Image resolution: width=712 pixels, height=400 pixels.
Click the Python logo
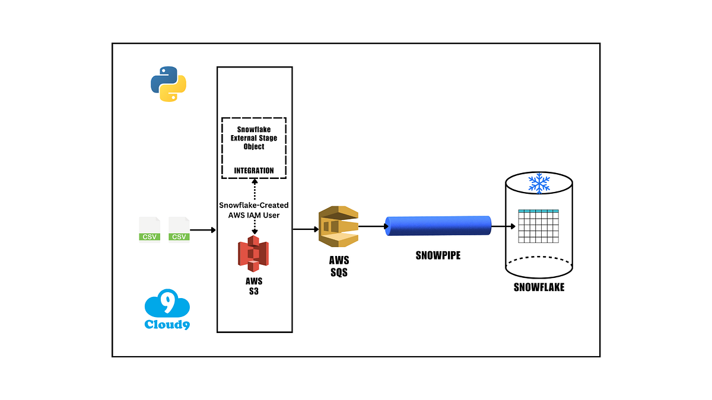pyautogui.click(x=169, y=84)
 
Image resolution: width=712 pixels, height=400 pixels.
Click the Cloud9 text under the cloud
pyautogui.click(x=167, y=325)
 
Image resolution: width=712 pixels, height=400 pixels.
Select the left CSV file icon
pyautogui.click(x=150, y=229)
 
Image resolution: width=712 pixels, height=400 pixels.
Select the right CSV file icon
pyautogui.click(x=179, y=229)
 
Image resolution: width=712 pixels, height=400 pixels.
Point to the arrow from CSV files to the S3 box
pyautogui.click(x=203, y=230)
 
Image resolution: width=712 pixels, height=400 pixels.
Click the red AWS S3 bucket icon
pyautogui.click(x=253, y=254)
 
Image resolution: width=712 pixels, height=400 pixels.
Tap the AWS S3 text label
pyautogui.click(x=254, y=286)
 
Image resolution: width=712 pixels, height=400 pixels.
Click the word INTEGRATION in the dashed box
pyautogui.click(x=254, y=171)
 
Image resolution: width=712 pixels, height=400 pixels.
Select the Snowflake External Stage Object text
pyautogui.click(x=254, y=137)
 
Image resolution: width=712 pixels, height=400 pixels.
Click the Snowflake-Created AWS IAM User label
pyautogui.click(x=254, y=210)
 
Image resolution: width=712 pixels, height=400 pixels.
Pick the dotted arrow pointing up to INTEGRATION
pyautogui.click(x=255, y=190)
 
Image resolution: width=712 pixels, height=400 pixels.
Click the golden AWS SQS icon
pyautogui.click(x=339, y=226)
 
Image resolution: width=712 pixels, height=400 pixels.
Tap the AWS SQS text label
pyautogui.click(x=339, y=266)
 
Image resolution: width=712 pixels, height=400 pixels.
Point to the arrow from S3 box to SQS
pyautogui.click(x=306, y=229)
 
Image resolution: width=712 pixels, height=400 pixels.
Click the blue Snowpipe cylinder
pyautogui.click(x=438, y=226)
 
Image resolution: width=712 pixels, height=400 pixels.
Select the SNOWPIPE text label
pyautogui.click(x=438, y=255)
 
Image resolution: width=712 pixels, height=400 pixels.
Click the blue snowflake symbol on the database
pyautogui.click(x=539, y=183)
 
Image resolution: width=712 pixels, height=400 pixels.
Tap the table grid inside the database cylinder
pyautogui.click(x=539, y=226)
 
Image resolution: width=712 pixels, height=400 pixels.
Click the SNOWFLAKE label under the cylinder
pyautogui.click(x=539, y=287)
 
